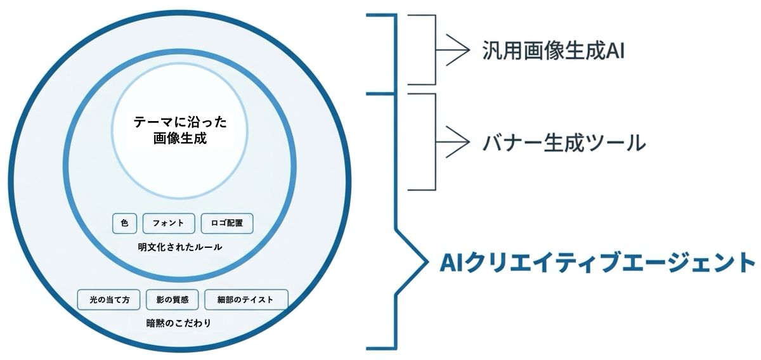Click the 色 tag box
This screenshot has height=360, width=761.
125,224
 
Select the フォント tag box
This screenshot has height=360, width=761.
169,224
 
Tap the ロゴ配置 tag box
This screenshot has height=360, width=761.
227,224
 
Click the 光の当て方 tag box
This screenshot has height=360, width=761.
108,300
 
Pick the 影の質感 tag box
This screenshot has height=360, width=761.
172,300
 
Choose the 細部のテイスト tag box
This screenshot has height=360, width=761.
246,300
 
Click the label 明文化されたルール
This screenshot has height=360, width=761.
180,247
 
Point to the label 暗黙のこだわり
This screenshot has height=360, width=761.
179,323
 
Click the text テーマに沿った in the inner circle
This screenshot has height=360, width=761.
180,122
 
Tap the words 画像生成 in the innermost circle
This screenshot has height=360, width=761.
180,138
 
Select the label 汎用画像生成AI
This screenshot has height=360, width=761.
554,50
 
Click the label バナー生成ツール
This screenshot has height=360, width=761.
564,143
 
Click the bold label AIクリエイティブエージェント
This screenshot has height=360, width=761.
597,262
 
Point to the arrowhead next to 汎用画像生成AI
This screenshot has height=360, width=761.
469,50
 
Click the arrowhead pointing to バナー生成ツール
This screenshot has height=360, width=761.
469,142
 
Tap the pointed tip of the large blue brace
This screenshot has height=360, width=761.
427,262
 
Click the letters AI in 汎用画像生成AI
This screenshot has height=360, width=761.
615,51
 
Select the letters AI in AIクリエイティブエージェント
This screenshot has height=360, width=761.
451,262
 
